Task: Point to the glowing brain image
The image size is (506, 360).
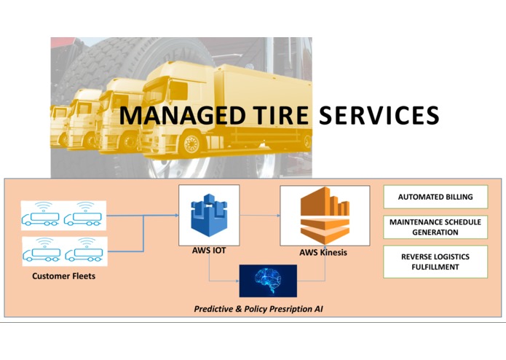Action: [268, 281]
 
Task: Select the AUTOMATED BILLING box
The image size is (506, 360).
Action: [435, 197]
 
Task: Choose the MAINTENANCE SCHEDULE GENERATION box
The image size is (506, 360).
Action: [435, 227]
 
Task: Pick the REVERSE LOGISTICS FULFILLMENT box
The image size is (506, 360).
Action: [435, 262]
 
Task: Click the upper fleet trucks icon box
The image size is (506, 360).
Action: [64, 216]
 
